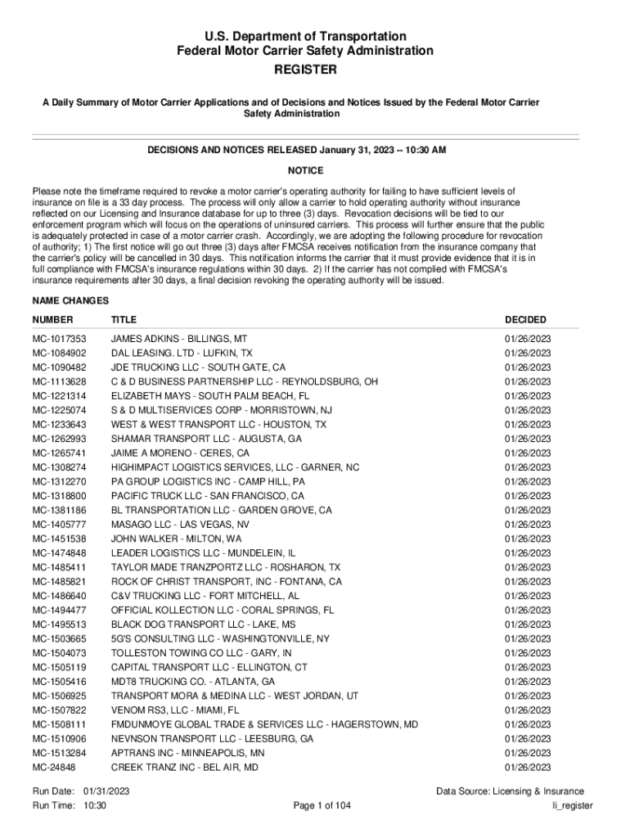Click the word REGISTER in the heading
[x=305, y=70]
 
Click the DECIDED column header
[x=525, y=320]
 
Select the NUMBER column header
[x=52, y=320]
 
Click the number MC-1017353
[x=59, y=339]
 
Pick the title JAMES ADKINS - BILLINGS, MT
[x=179, y=339]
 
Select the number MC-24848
[x=54, y=768]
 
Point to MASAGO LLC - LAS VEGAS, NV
[x=181, y=525]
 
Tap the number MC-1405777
[x=59, y=525]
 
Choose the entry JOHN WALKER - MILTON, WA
[x=177, y=539]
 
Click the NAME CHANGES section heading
[x=71, y=300]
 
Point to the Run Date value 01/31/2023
[x=106, y=791]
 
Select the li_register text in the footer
[x=573, y=806]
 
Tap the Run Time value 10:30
[x=95, y=806]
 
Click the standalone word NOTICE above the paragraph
[x=305, y=171]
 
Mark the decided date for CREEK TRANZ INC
[x=528, y=768]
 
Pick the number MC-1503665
[x=59, y=639]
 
